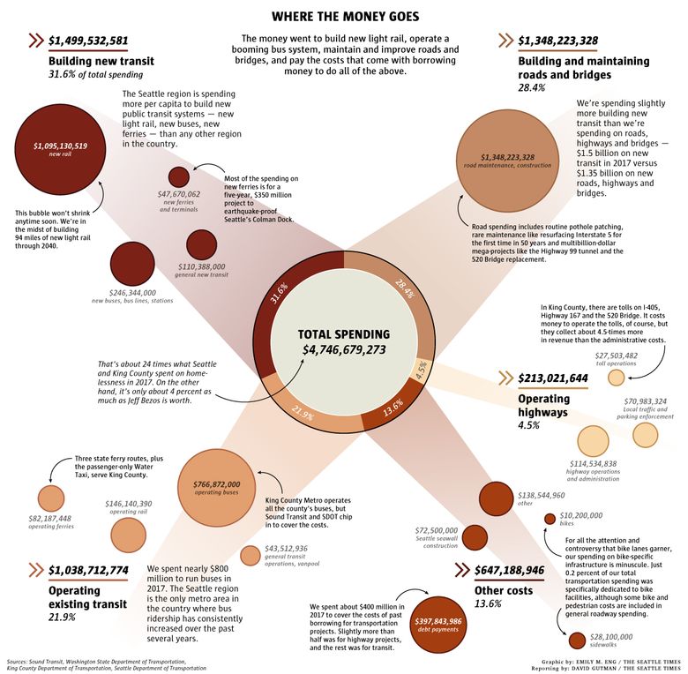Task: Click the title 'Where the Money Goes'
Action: [344, 16]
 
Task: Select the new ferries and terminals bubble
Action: [179, 176]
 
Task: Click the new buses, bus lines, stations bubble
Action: [131, 264]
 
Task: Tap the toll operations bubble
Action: [617, 377]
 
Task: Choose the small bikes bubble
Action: [550, 519]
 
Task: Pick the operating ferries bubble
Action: [51, 498]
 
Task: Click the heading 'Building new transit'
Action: [101, 62]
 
